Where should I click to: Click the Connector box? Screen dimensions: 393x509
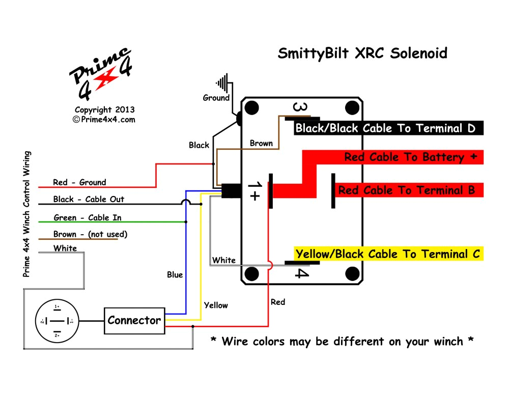coord(135,321)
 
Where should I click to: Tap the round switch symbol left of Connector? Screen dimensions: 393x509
coord(56,321)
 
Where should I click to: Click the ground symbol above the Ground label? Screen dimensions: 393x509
coord(222,82)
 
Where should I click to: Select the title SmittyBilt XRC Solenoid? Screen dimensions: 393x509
coord(362,53)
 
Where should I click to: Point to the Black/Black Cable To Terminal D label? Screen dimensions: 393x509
coord(385,128)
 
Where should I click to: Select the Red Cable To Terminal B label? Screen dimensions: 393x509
coord(406,190)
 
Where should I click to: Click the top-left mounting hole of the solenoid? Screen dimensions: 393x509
coord(250,108)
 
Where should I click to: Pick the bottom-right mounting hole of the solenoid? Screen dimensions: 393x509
coord(352,275)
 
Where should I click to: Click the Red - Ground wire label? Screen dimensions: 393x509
coord(79,182)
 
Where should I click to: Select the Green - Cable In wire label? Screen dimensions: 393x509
coord(87,218)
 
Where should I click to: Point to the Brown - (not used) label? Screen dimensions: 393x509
coord(90,235)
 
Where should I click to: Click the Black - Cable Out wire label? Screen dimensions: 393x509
coord(89,199)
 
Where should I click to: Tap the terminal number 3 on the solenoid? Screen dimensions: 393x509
coord(301,107)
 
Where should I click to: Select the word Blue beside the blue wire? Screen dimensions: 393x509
coord(175,275)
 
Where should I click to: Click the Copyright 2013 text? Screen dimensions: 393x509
coord(104,109)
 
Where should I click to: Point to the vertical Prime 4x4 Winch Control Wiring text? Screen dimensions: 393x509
coord(27,214)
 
